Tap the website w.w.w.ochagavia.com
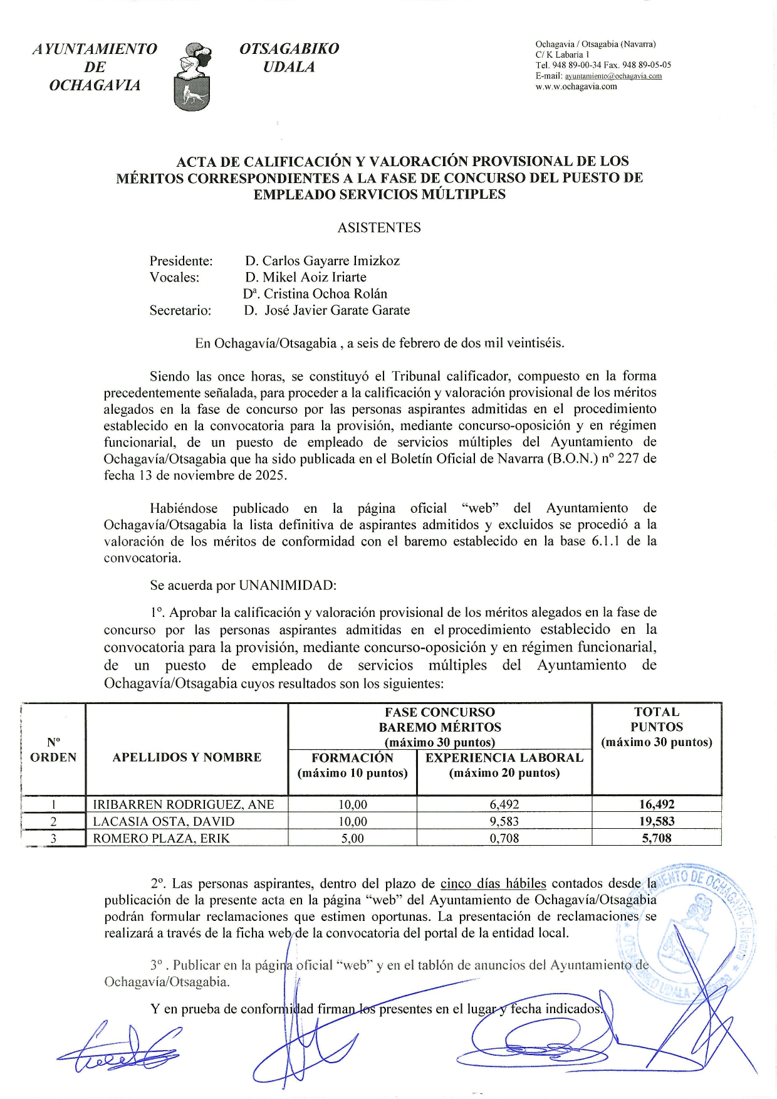coord(576,87)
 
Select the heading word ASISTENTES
coord(379,228)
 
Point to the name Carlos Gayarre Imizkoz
coord(330,261)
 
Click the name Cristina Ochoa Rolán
coord(325,294)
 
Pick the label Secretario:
coord(180,310)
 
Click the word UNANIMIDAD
coord(288,586)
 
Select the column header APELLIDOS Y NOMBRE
coord(187,757)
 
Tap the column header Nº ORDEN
coord(53,750)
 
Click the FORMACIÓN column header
coord(352,765)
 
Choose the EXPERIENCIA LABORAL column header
coord(504,765)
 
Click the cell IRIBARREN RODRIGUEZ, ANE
coord(184,805)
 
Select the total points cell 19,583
coord(657,821)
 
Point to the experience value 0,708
coord(504,838)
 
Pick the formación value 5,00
coord(352,838)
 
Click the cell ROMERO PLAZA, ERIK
coord(162,838)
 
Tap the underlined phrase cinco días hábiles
coord(493,884)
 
